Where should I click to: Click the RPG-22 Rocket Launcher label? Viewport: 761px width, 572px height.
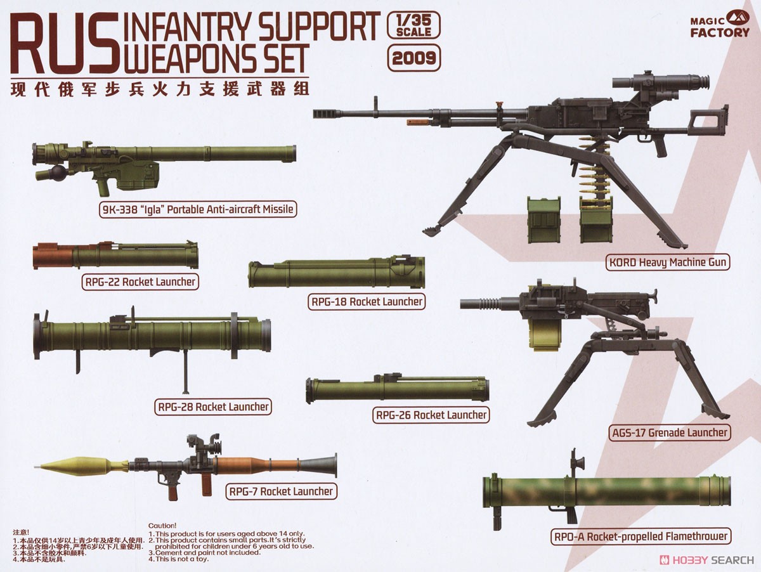pyautogui.click(x=139, y=282)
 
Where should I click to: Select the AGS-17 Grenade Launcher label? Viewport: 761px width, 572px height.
pyautogui.click(x=668, y=432)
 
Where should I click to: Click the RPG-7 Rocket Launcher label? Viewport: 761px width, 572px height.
pyautogui.click(x=280, y=491)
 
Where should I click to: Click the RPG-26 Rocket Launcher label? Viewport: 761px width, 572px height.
pyautogui.click(x=431, y=415)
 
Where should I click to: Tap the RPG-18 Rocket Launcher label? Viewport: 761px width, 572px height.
pyautogui.click(x=367, y=302)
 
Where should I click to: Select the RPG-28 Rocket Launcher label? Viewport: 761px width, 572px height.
pyautogui.click(x=212, y=406)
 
